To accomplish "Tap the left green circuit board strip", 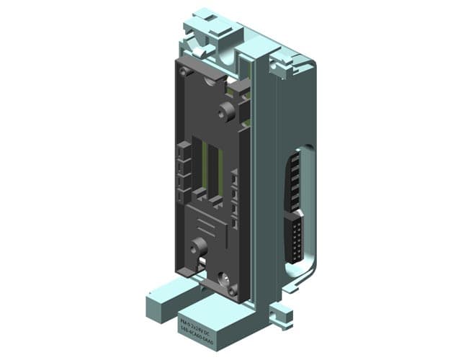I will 204,169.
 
